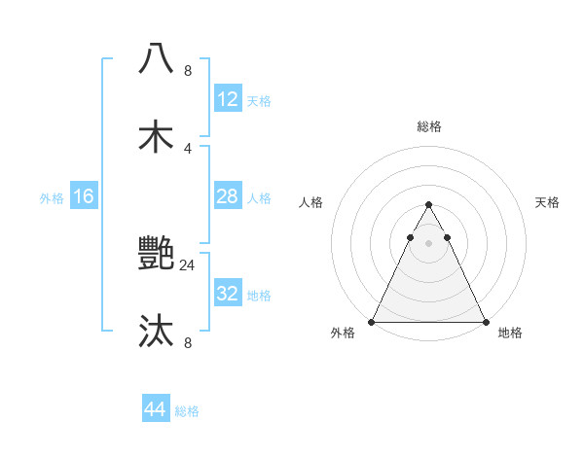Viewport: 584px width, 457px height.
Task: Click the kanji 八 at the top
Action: (157, 58)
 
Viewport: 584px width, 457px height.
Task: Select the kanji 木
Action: (157, 137)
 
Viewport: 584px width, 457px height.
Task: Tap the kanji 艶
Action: (157, 255)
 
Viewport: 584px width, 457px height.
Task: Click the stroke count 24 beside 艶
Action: (188, 264)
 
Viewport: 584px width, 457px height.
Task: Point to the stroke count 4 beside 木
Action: (188, 148)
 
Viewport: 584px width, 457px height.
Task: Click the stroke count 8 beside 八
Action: (188, 70)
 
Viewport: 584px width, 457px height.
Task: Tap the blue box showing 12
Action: (228, 99)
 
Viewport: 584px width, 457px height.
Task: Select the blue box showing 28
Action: (228, 196)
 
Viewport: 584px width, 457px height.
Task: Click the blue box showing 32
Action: (228, 294)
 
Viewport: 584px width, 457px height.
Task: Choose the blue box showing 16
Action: (84, 196)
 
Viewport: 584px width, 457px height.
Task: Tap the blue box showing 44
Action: (156, 409)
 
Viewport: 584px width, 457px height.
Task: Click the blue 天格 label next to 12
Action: (259, 100)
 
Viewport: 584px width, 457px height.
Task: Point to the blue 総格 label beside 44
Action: (187, 410)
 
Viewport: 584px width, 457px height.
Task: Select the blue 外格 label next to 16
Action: (52, 197)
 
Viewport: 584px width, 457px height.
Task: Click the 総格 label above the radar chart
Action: (428, 126)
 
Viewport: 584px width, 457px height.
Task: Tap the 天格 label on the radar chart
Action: (547, 202)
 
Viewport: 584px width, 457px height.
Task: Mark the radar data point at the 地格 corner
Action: (485, 322)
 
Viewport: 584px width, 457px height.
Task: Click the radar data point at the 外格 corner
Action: (372, 322)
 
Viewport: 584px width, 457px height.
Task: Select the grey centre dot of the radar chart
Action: (428, 241)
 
